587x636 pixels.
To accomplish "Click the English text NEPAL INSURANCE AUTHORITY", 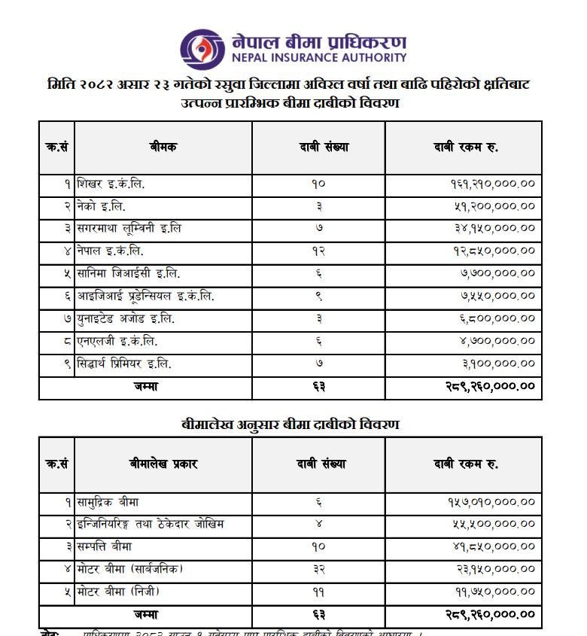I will click(x=319, y=57).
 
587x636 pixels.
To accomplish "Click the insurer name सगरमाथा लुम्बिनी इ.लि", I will click(x=129, y=228).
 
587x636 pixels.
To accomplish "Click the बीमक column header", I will click(x=163, y=148).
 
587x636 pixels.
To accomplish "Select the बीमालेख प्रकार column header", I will click(x=163, y=464).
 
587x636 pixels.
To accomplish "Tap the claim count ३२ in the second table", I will click(x=318, y=569).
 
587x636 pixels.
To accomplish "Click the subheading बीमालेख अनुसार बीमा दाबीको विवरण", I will click(x=290, y=425).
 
